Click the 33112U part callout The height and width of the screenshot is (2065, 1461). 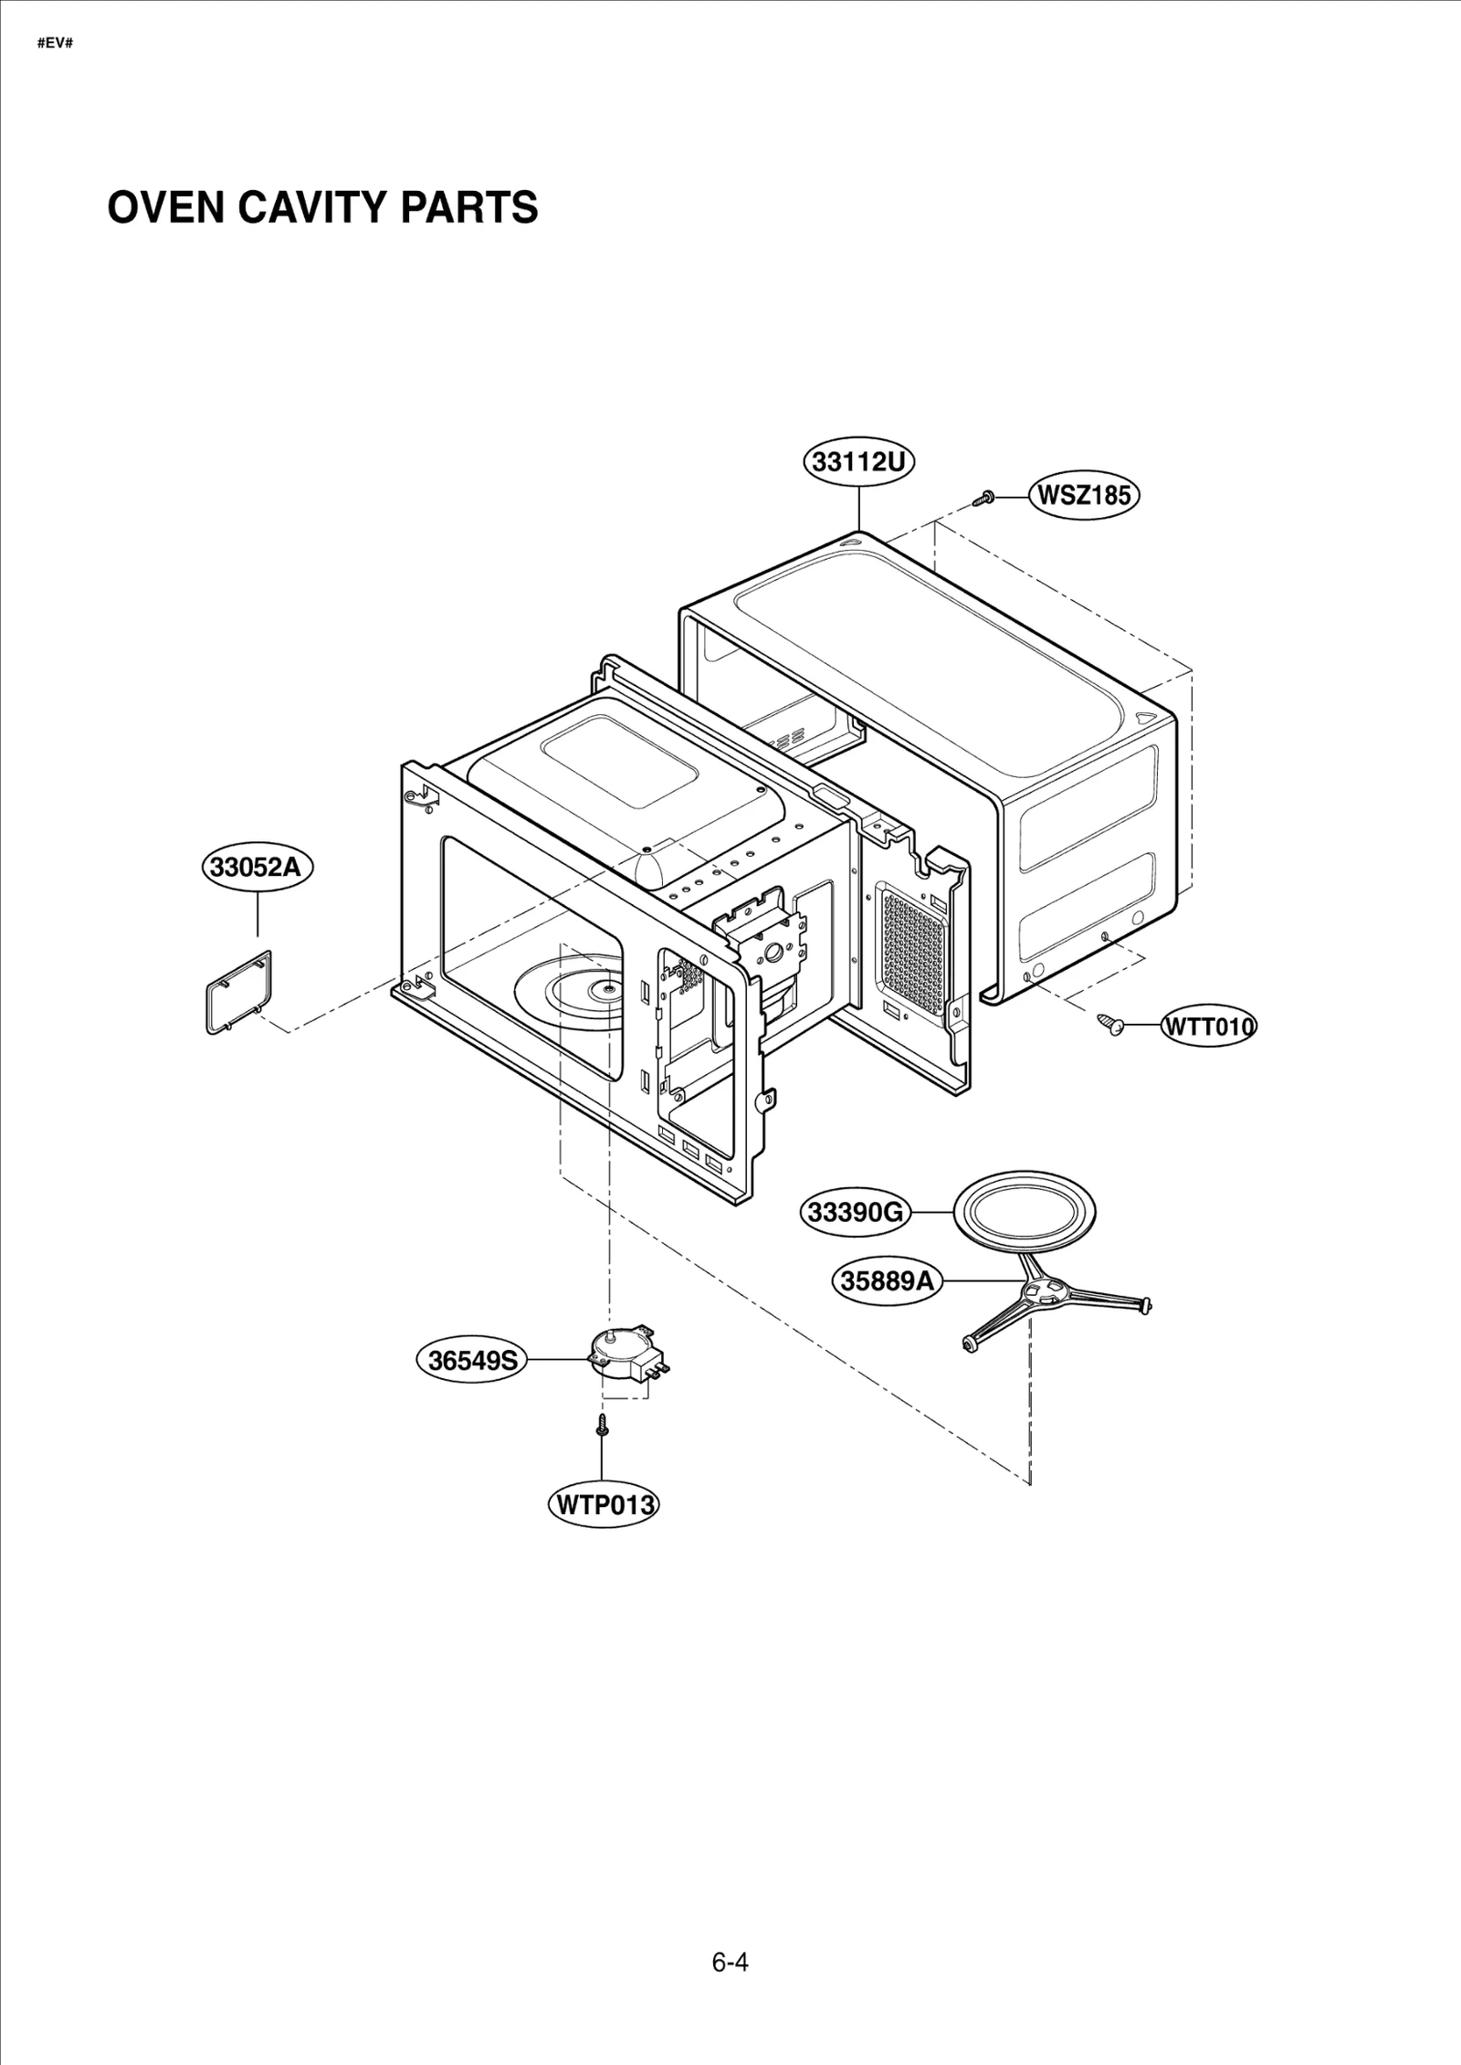point(858,462)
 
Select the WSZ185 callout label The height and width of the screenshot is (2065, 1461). point(1085,496)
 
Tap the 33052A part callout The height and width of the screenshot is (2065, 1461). point(257,867)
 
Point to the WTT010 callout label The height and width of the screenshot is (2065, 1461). point(1208,1027)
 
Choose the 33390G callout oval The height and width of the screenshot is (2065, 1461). point(856,1213)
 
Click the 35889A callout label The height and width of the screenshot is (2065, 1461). point(888,1281)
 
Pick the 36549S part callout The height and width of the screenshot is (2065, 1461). point(472,1361)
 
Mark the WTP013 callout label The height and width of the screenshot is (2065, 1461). point(602,1504)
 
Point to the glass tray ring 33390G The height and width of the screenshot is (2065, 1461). point(1025,1213)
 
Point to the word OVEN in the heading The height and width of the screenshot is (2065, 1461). point(165,208)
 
